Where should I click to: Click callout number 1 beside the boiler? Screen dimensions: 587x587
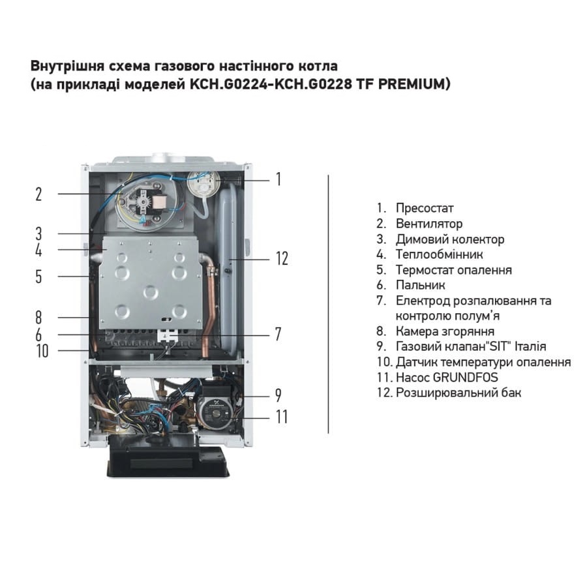(278, 179)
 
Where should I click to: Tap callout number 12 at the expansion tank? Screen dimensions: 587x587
(282, 259)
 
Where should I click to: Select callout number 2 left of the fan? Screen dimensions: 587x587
(38, 194)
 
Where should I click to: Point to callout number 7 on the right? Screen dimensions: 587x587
(278, 335)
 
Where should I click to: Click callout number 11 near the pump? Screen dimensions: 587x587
(282, 417)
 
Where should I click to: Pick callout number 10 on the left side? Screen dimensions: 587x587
(42, 351)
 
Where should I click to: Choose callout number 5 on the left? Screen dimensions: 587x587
(38, 277)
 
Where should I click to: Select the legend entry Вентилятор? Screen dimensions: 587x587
(429, 224)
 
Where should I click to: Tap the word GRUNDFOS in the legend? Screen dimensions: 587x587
(465, 378)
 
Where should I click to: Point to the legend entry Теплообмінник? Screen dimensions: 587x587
(439, 254)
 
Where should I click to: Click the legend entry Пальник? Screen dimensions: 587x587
(421, 285)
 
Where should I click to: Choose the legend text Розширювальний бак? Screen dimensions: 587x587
(459, 393)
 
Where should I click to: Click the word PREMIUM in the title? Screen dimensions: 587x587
(414, 84)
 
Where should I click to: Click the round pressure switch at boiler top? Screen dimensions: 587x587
(203, 183)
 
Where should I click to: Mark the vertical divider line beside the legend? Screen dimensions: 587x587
(328, 304)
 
